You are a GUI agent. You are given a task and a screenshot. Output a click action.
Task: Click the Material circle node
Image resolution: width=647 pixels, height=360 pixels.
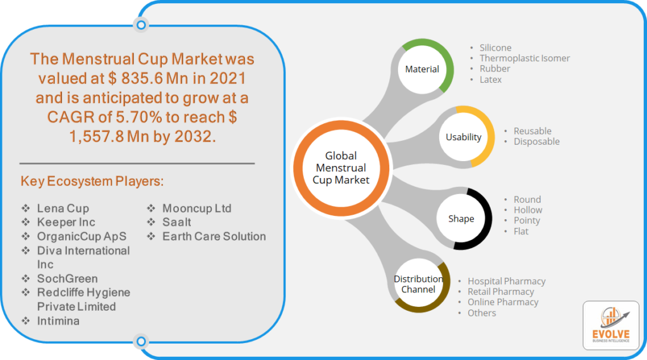tap(422, 69)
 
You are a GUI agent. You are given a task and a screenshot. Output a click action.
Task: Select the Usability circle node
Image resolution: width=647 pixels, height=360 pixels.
tap(463, 137)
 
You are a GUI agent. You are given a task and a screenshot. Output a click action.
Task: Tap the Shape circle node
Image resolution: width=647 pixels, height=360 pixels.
tap(461, 219)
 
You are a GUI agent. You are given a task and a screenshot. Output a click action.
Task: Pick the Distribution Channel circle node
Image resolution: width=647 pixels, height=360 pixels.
tap(418, 284)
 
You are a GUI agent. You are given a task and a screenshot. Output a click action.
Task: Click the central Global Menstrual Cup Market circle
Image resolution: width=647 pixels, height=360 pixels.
tap(341, 168)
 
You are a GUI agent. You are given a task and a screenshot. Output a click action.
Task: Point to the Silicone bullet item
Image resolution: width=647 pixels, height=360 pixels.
tap(495, 48)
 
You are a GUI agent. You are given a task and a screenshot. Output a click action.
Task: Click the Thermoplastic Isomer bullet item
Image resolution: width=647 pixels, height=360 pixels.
tap(524, 58)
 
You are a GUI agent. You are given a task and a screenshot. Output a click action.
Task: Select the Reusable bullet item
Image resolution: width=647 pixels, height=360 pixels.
tap(532, 131)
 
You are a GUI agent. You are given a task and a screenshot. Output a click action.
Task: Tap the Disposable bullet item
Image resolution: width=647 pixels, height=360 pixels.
tap(536, 141)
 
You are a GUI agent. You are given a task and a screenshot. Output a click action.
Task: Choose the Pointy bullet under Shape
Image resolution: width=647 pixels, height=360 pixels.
tap(526, 220)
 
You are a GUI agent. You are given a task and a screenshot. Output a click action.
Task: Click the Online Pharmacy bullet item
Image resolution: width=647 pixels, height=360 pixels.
tap(502, 303)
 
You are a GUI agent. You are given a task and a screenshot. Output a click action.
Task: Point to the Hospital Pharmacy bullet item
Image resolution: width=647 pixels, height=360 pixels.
tap(506, 281)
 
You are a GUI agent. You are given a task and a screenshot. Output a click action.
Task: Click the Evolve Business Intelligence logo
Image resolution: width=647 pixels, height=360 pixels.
tap(611, 325)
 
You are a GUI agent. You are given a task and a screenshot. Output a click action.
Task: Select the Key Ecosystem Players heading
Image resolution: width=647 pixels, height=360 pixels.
tap(92, 181)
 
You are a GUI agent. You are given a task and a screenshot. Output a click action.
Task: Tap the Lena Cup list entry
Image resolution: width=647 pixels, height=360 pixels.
tap(63, 208)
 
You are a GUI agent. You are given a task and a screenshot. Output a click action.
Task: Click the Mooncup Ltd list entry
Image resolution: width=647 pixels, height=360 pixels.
tap(197, 208)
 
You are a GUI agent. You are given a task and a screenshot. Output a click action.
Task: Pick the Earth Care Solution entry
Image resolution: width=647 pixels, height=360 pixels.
tap(214, 236)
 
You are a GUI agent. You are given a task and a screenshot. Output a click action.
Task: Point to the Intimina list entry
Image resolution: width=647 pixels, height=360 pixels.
tap(58, 321)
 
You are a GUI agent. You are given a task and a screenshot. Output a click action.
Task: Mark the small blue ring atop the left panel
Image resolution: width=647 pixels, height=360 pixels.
tap(141, 25)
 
